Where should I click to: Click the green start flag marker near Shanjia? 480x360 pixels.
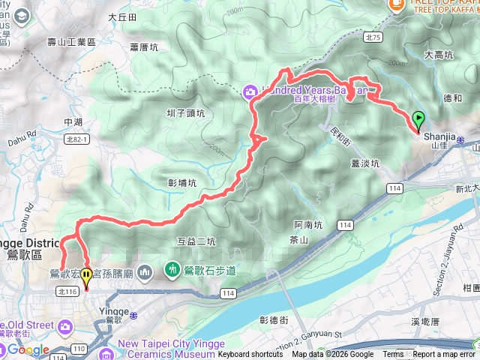[x=418, y=119]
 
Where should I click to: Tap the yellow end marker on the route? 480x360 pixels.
[x=87, y=277]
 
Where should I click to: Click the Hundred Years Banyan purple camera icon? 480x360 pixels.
[x=248, y=91]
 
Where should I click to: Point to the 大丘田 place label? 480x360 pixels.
[x=122, y=16]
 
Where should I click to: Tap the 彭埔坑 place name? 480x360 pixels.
[x=183, y=182]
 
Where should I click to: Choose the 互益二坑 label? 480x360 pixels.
[x=196, y=241]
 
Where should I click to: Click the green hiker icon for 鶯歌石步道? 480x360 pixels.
[x=172, y=268]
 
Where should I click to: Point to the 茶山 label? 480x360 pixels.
[x=298, y=239]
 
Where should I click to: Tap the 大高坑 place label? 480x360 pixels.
[x=438, y=55]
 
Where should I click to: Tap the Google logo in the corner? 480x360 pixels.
[x=28, y=349]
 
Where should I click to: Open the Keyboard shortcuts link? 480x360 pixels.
[x=250, y=355]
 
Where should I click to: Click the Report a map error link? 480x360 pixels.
[x=442, y=355]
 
